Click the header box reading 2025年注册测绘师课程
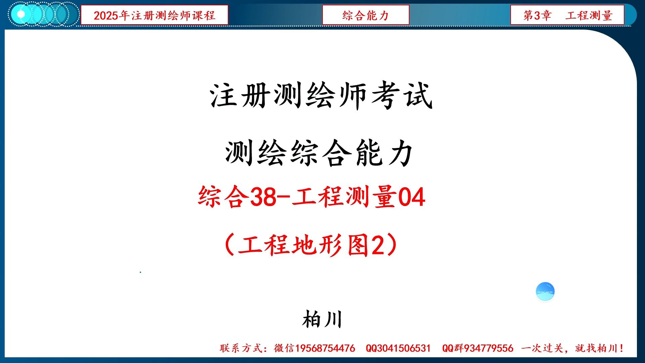(154, 15)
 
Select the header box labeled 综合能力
(365, 15)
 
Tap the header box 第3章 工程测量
(567, 15)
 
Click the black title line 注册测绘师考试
(321, 96)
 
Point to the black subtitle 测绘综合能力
(319, 153)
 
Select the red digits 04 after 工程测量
(412, 197)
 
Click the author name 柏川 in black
(322, 319)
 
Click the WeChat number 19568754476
(325, 348)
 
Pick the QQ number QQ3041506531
(398, 348)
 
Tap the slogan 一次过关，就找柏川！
(572, 348)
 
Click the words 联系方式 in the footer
(241, 348)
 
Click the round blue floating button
(545, 291)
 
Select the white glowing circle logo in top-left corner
(21, 14)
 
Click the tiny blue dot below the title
(140, 272)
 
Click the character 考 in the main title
(385, 96)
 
